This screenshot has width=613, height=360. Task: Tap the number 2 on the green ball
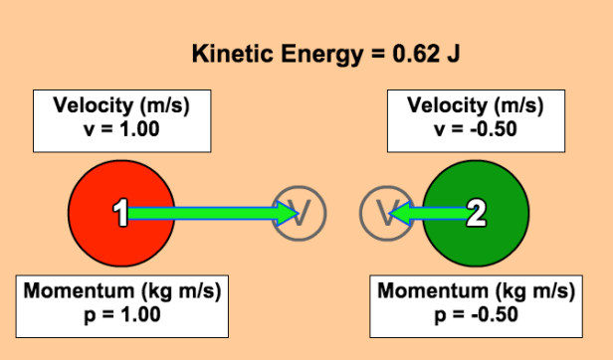tap(477, 212)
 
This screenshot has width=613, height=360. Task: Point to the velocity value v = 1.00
tap(120, 128)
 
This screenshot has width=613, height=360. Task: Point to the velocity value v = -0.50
tap(477, 128)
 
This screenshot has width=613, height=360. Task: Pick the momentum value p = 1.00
tap(120, 314)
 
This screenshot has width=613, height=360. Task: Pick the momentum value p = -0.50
tap(477, 315)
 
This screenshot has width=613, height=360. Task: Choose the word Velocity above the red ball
tap(94, 106)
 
